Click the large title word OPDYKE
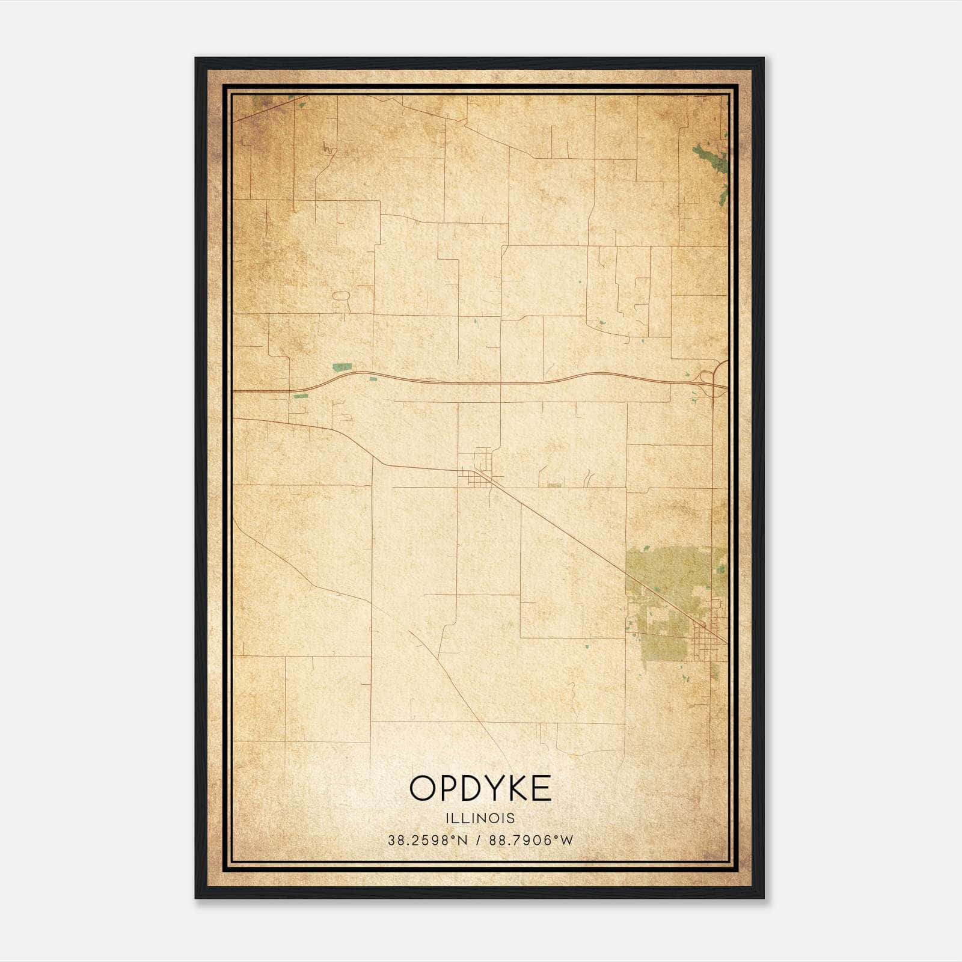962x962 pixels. [480, 788]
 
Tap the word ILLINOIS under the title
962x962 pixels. [480, 818]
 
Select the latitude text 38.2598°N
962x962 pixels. [427, 841]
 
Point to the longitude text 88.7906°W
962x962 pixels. [531, 841]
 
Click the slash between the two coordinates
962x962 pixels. [479, 841]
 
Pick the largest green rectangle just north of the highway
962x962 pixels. [342, 367]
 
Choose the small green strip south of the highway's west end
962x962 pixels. [300, 396]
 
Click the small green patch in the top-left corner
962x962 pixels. [260, 101]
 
